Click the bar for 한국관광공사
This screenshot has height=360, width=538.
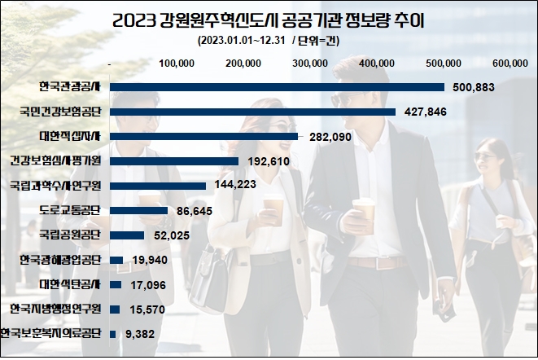click(277, 87)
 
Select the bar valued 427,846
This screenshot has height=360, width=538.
click(252, 112)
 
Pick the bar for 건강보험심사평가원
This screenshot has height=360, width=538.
click(173, 161)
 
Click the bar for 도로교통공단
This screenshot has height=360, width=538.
click(138, 210)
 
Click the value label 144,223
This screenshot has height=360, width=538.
click(234, 186)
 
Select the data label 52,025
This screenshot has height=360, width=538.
click(168, 235)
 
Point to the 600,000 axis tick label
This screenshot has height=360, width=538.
click(510, 63)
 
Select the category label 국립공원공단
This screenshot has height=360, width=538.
click(69, 235)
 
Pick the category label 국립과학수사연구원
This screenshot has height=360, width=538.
click(55, 186)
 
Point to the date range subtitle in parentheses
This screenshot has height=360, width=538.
click(269, 42)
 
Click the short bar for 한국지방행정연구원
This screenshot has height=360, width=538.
click(115, 310)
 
